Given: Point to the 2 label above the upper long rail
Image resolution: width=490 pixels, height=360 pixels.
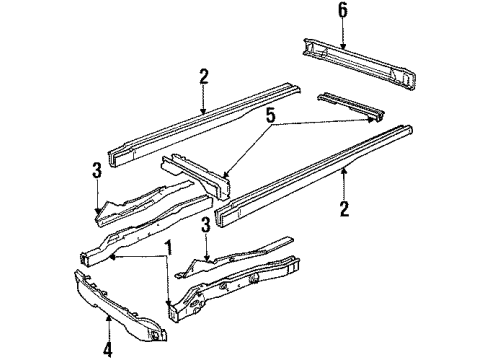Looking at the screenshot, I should pyautogui.click(x=203, y=76).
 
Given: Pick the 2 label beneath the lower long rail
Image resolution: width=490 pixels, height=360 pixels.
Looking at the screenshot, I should pyautogui.click(x=344, y=210).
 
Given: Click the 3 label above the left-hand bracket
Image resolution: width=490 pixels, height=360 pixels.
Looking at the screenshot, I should pyautogui.click(x=97, y=172).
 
